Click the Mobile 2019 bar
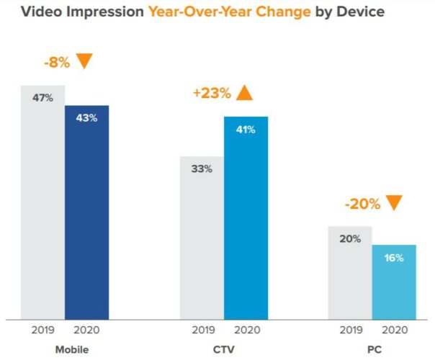42,202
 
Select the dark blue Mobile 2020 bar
86,212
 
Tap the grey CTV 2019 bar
202,237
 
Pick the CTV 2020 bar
246,217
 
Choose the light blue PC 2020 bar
394,282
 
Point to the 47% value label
42,98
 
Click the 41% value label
246,129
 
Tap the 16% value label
394,257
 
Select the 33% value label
202,169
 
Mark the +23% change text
211,93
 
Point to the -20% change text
362,204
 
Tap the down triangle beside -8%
85,61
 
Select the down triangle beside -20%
393,203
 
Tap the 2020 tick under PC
394,330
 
